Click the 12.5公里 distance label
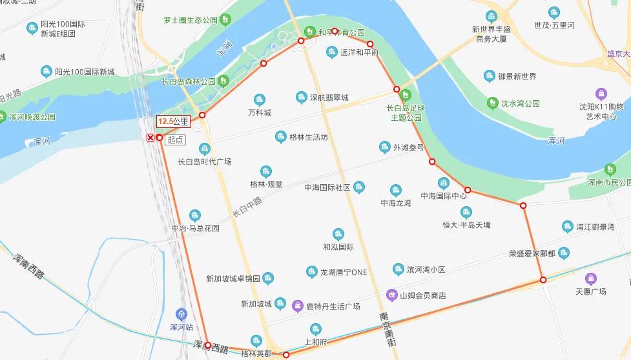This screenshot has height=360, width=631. pos(173,121)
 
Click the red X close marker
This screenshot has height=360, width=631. pos(150,138)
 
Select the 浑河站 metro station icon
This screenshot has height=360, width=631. pos(181,313)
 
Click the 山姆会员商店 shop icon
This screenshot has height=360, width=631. pos(391,295)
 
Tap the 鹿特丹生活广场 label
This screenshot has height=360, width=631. pos(333,306)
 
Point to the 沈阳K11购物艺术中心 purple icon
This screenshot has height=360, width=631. pos(601,93)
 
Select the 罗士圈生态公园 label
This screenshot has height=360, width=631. pos(191,19)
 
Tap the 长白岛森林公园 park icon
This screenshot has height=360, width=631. pos(223,81)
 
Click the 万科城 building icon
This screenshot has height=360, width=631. pos(260,100)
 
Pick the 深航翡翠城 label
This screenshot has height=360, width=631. pos(329,98)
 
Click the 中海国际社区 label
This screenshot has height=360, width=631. pos(327,187)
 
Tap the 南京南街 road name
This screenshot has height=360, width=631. pos(386,330)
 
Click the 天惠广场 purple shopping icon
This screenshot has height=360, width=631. pos(590,279)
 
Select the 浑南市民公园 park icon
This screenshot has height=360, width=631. pos(610,169)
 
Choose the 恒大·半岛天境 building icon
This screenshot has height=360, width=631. pos(466,212)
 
